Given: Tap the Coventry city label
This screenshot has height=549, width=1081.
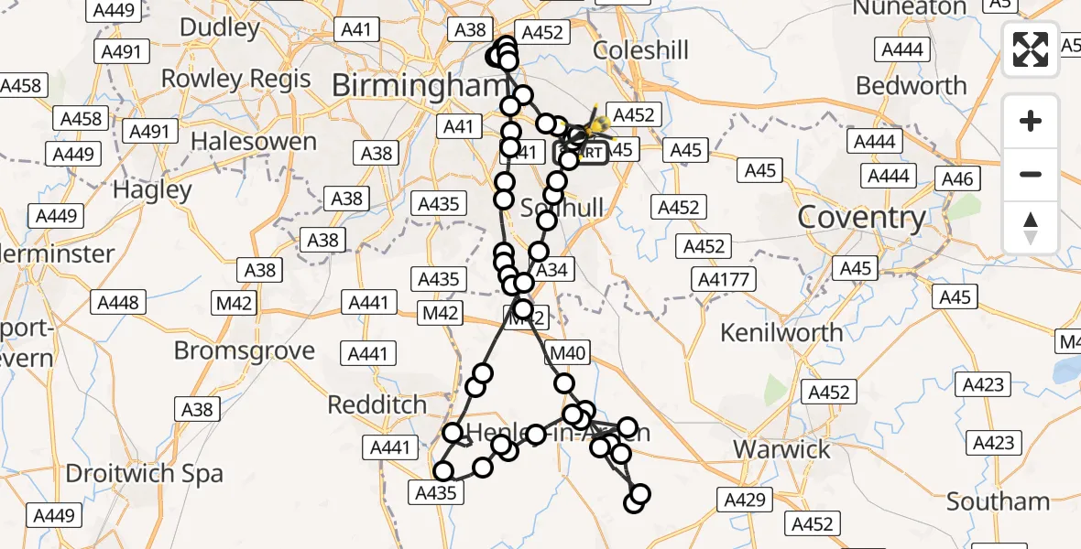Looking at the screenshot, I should (x=862, y=218).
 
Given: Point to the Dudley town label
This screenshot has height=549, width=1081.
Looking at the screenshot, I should (x=220, y=27).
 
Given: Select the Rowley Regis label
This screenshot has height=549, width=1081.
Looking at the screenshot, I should (x=236, y=79).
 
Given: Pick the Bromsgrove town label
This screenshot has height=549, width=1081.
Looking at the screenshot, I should (x=245, y=350).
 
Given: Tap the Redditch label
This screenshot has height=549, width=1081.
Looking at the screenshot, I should (x=377, y=404).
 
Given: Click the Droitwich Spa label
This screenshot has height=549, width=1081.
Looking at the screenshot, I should (x=145, y=474).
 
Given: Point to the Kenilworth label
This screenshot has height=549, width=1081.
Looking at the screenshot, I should (x=781, y=332).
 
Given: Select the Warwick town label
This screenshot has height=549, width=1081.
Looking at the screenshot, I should (x=782, y=449).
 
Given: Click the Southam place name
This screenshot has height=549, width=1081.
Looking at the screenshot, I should (x=998, y=501).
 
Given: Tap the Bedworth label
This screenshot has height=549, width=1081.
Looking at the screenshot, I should (x=912, y=86).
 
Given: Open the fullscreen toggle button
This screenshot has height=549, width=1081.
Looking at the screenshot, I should (x=1031, y=49).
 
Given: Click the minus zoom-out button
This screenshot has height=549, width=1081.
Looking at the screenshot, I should (x=1031, y=174).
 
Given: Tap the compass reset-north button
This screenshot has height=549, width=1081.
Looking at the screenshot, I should (x=1031, y=227).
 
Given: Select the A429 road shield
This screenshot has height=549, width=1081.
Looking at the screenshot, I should (x=745, y=499).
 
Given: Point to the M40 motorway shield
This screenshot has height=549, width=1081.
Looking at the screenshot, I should (x=569, y=351).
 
